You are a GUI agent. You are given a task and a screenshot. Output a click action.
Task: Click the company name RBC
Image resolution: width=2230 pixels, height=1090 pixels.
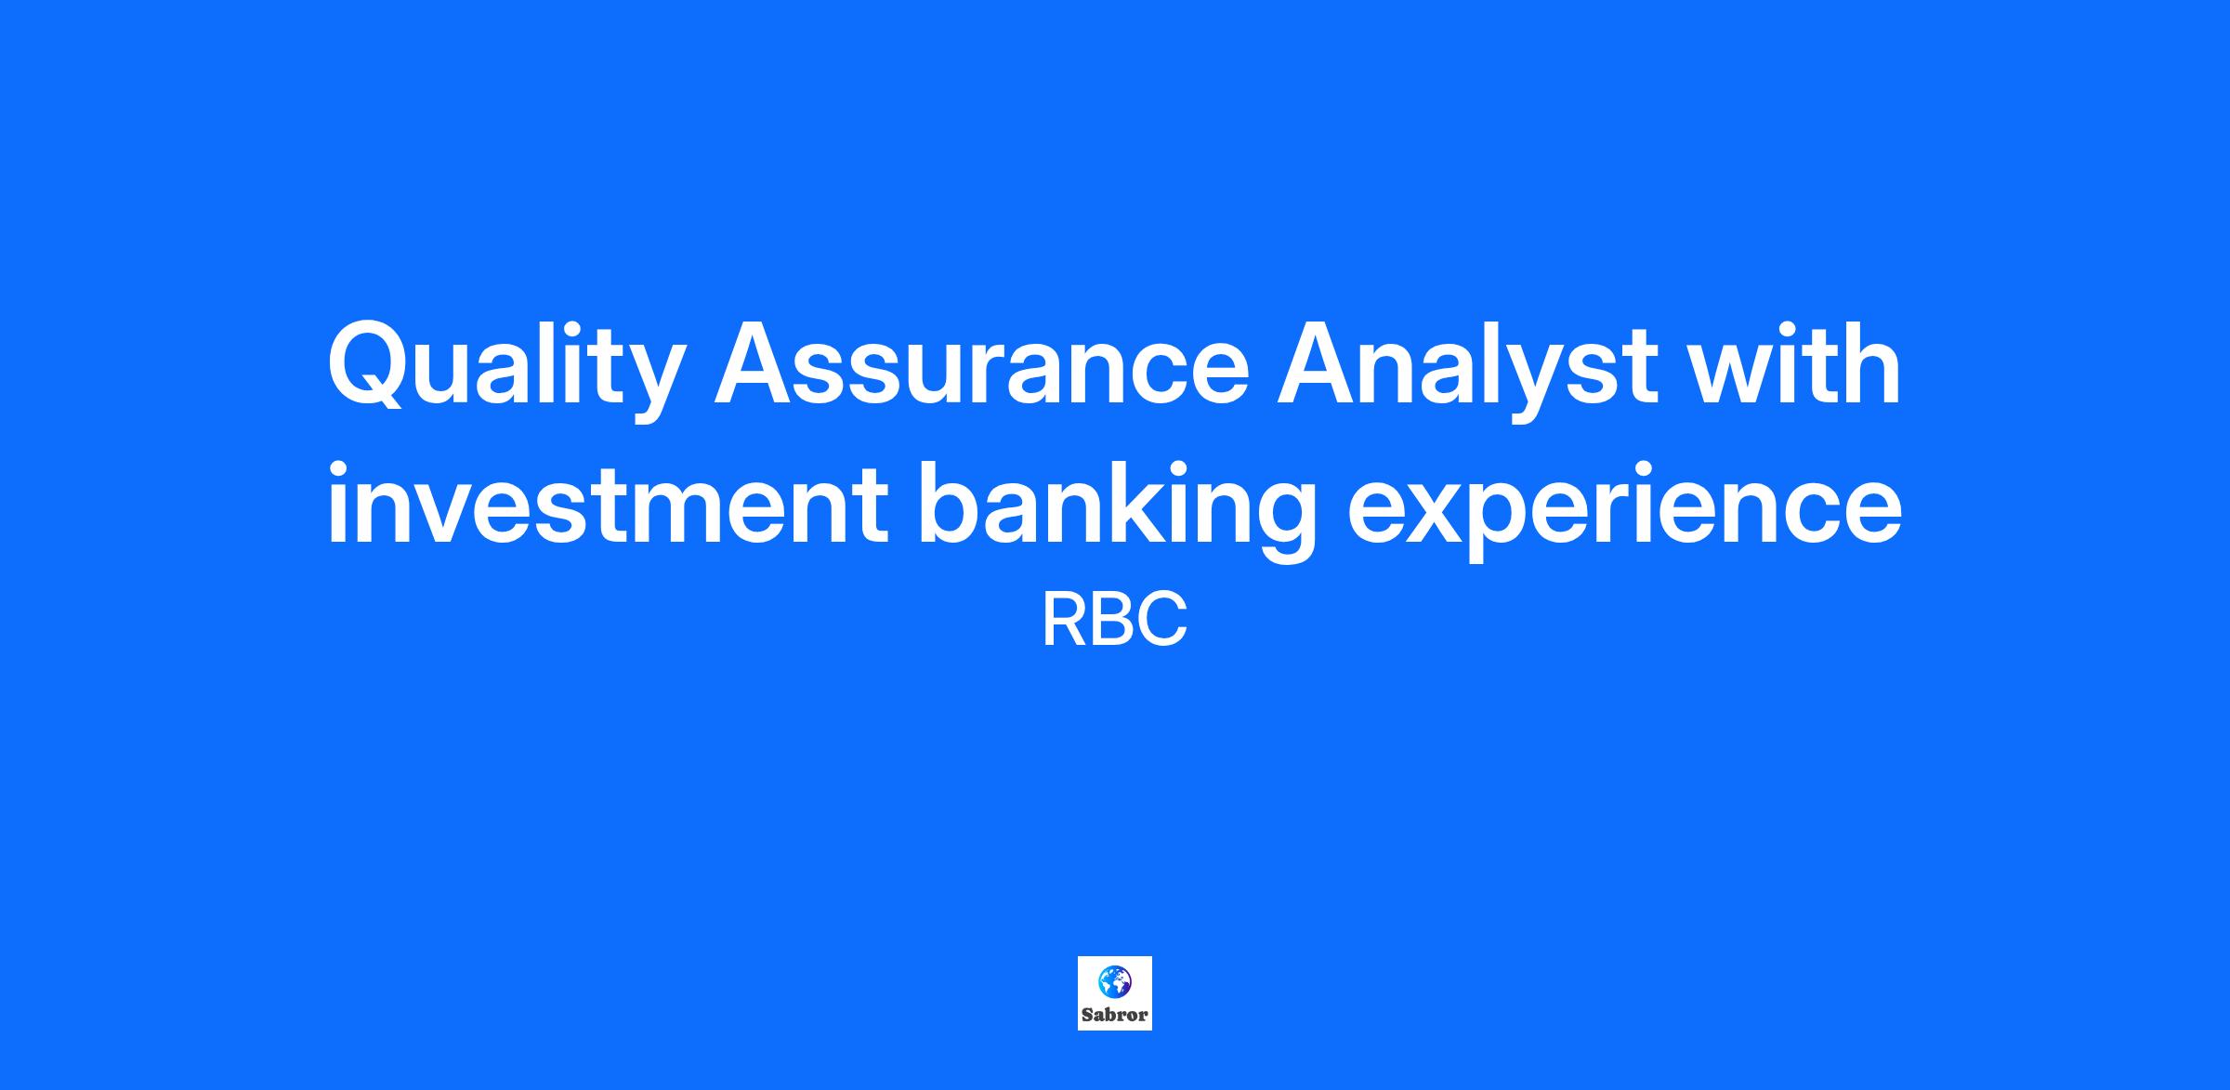[1115, 621]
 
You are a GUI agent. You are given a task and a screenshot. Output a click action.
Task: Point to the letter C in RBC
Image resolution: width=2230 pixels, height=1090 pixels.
[1163, 621]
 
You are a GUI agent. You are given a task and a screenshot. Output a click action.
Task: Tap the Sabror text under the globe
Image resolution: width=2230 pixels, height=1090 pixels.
[1115, 1015]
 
